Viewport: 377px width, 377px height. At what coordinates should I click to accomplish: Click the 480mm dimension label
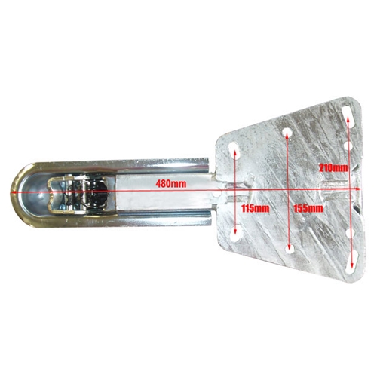click(171, 184)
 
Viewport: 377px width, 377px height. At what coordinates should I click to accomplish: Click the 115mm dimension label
click(255, 208)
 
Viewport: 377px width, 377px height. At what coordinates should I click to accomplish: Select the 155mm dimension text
click(308, 208)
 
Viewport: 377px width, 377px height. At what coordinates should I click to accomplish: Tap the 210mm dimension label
click(333, 167)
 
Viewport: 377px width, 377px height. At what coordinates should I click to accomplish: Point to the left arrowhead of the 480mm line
click(14, 192)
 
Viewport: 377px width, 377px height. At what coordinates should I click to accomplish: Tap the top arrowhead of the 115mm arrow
click(235, 151)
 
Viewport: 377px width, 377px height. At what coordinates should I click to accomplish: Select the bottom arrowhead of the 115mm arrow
click(235, 231)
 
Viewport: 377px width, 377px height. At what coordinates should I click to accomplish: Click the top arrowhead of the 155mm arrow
click(287, 135)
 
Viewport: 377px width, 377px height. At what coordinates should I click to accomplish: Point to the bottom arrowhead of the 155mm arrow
click(290, 247)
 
